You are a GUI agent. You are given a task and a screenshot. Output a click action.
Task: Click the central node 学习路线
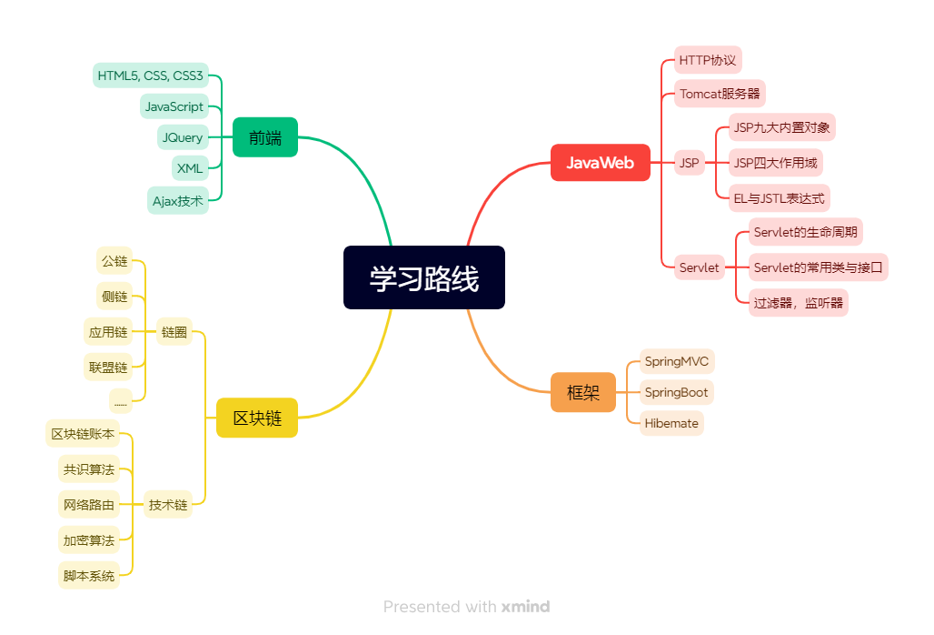click(x=423, y=277)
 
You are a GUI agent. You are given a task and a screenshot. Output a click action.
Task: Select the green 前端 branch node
click(x=264, y=137)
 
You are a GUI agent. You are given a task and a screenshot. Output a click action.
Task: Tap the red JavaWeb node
click(x=600, y=163)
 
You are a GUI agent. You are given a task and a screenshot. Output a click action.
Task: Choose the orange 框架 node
click(x=582, y=392)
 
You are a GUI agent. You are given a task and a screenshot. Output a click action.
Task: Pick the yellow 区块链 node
click(x=257, y=418)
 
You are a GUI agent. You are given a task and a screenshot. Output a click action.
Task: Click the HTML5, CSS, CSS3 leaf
click(x=151, y=76)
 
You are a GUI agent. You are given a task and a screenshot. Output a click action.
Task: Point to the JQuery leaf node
click(x=183, y=137)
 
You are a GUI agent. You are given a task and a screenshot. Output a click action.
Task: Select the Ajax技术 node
click(x=178, y=200)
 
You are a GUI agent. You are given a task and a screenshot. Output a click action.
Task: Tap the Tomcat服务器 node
click(x=720, y=94)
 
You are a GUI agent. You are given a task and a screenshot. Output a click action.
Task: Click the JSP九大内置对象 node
click(x=781, y=127)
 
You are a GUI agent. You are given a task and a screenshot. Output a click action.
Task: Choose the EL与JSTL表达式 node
click(x=780, y=197)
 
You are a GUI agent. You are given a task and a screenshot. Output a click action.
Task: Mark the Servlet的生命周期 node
click(x=805, y=232)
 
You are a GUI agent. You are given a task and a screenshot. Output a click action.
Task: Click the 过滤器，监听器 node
click(x=798, y=303)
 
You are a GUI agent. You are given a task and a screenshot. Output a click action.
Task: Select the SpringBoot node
click(x=676, y=392)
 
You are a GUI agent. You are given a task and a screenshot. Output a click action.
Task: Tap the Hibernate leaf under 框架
click(x=671, y=423)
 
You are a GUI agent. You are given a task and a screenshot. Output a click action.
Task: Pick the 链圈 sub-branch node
click(x=174, y=332)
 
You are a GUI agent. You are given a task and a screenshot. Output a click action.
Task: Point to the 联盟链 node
click(x=108, y=368)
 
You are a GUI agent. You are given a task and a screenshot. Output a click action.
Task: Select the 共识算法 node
click(x=89, y=470)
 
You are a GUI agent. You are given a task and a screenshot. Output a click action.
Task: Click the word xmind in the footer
click(x=525, y=607)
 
